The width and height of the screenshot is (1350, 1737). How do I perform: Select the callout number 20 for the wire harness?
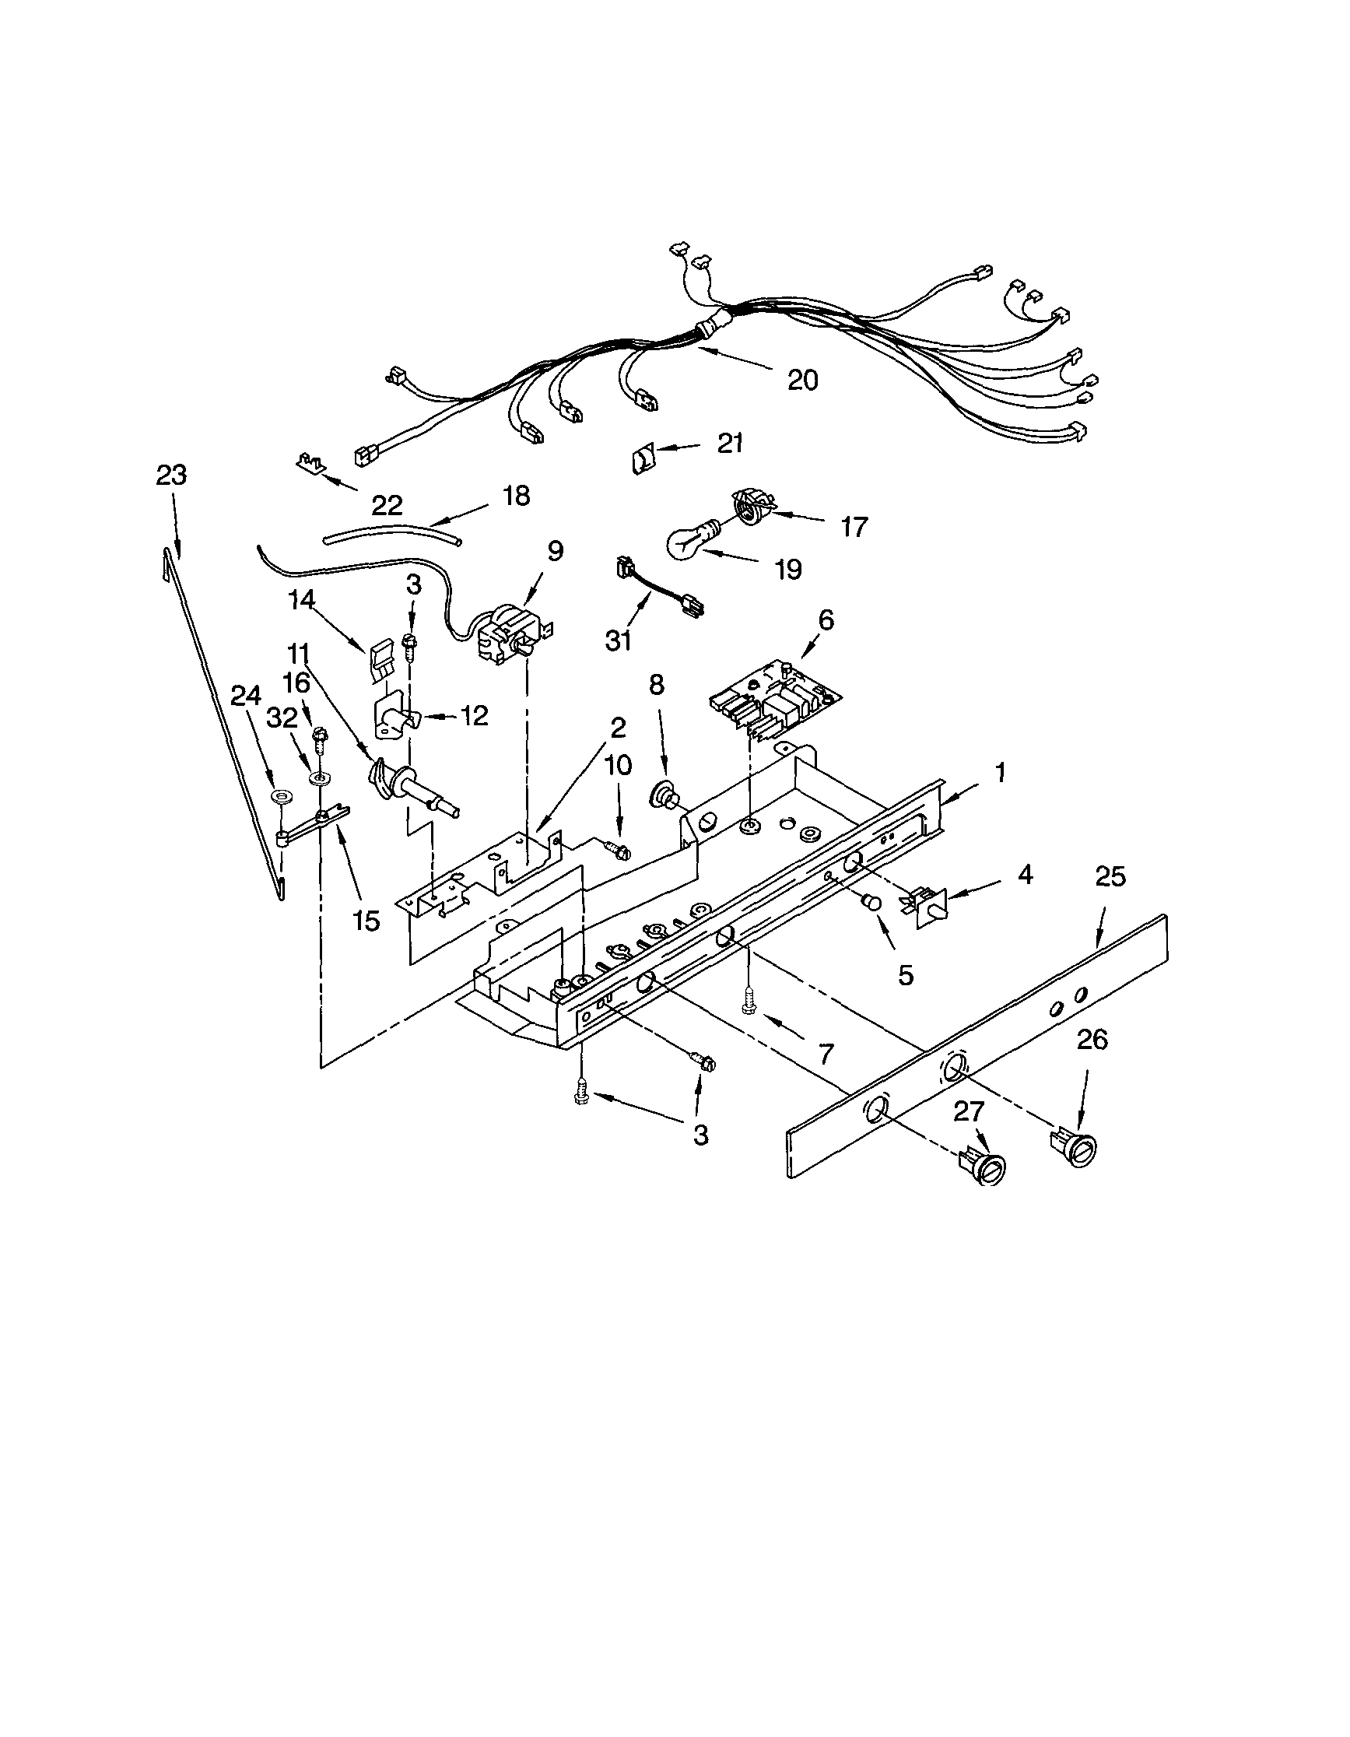[x=802, y=381]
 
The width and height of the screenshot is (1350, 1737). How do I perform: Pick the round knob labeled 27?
[x=986, y=1170]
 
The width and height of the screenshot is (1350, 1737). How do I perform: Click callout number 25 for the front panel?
[x=1110, y=876]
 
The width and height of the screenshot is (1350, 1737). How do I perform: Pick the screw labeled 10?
[x=616, y=850]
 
